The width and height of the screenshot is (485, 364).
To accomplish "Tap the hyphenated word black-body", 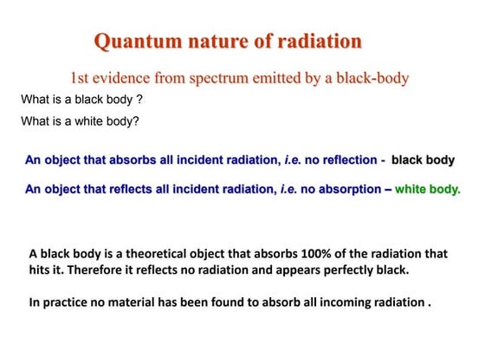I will pos(372,78).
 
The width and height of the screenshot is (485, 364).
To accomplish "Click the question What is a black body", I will pos(81,100).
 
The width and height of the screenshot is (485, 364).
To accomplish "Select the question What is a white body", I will pos(80,121).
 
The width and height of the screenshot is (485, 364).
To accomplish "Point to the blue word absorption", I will pos(343,188).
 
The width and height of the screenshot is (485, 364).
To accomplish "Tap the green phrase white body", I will pos(428,188).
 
